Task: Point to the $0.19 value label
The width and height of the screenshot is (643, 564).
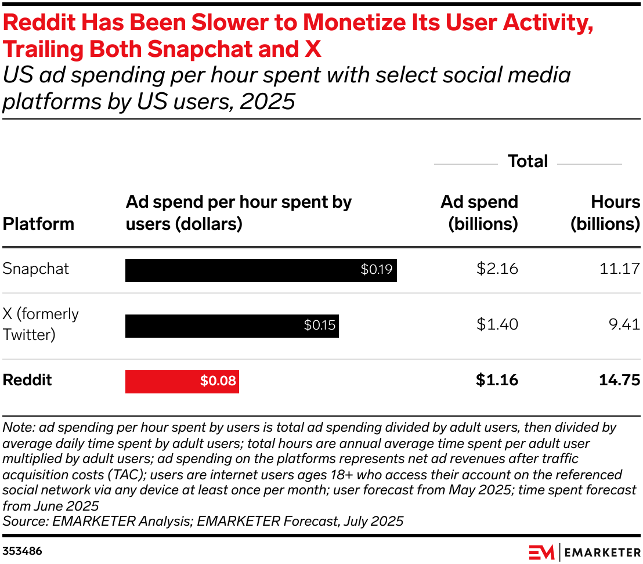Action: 377,270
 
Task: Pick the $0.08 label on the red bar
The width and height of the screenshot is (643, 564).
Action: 218,381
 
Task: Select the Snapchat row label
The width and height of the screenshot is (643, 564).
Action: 36,269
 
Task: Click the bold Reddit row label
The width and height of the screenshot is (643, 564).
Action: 27,381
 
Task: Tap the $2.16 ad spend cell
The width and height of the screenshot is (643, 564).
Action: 497,269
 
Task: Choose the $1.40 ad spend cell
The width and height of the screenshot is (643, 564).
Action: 497,325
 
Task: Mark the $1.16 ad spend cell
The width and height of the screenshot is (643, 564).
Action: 497,381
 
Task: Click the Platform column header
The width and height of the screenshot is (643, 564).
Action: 38,224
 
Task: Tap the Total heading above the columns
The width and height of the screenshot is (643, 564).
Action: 528,161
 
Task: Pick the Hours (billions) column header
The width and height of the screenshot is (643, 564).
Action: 605,213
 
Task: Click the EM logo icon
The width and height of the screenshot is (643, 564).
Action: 541,552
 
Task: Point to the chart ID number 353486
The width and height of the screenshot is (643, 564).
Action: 22,551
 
